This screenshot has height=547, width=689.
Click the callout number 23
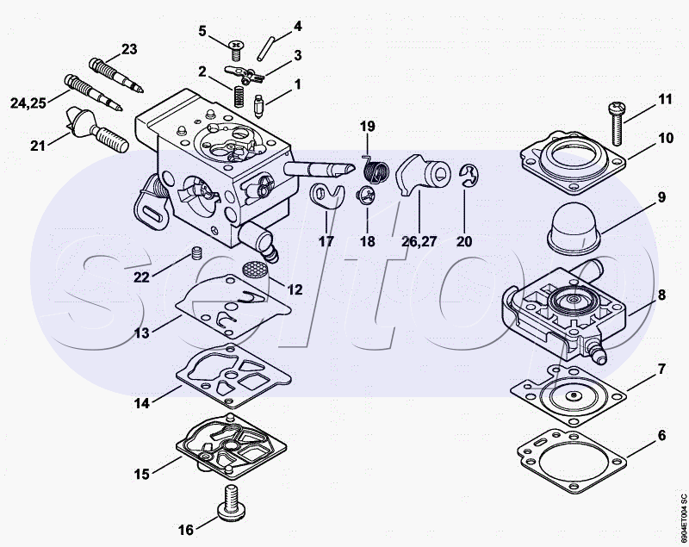pyautogui.click(x=128, y=49)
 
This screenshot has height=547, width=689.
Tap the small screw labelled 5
pyautogui.click(x=236, y=51)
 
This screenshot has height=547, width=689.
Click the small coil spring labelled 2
pyautogui.click(x=239, y=96)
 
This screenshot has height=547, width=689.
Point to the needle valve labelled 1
pyautogui.click(x=258, y=106)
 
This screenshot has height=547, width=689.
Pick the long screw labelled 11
pyautogui.click(x=616, y=124)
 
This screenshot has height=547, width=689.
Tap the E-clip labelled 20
pyautogui.click(x=470, y=176)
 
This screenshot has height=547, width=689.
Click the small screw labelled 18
pyautogui.click(x=367, y=196)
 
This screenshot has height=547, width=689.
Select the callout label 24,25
pyautogui.click(x=28, y=103)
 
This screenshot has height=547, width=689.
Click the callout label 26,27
pyautogui.click(x=419, y=241)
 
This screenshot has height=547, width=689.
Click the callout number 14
pyautogui.click(x=141, y=403)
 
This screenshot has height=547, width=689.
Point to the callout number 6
pyautogui.click(x=661, y=435)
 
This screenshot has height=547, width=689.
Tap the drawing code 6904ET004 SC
pyautogui.click(x=683, y=519)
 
